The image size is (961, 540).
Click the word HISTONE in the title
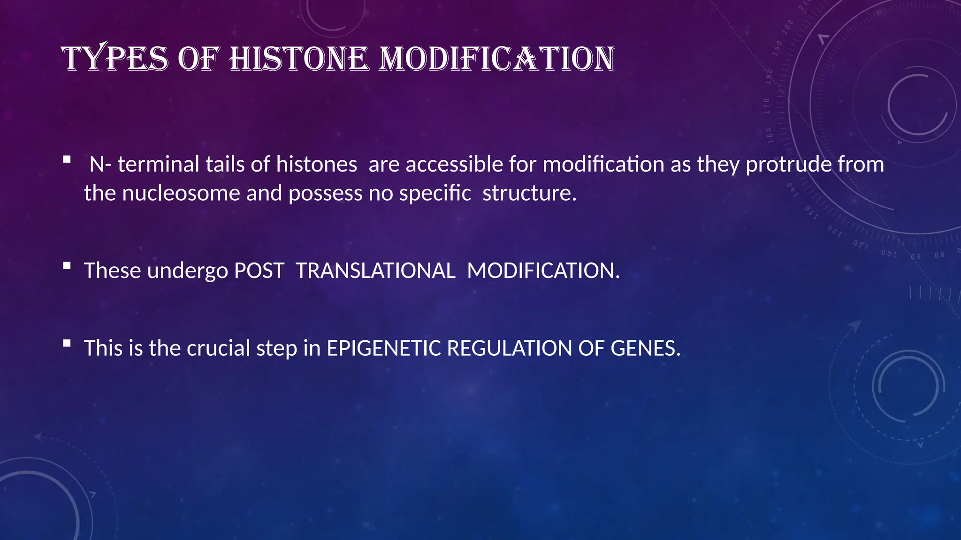(x=299, y=60)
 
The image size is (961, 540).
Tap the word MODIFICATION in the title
(x=496, y=60)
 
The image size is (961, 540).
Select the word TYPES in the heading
(x=114, y=60)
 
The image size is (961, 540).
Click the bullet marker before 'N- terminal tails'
(x=67, y=159)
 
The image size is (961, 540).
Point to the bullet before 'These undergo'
(x=67, y=266)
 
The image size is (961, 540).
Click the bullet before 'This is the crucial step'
(x=67, y=344)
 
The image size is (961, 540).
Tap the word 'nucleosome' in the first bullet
(x=181, y=193)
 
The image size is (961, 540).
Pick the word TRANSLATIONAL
(x=375, y=271)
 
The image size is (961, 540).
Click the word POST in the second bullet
(x=259, y=271)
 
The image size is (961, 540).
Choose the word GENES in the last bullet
(x=645, y=348)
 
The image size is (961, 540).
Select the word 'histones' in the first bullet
(x=316, y=165)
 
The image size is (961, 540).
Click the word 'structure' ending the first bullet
(x=526, y=193)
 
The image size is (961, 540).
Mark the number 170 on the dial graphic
(x=767, y=106)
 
